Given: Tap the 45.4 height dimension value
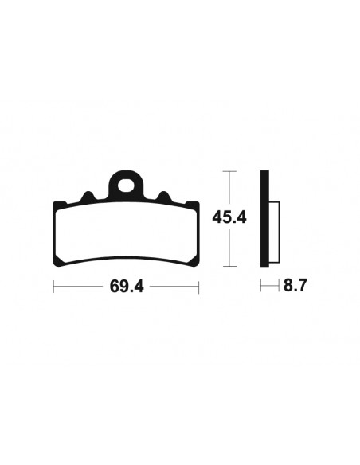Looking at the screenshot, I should click(229, 217).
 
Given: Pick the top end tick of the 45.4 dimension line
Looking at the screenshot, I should click(229, 170).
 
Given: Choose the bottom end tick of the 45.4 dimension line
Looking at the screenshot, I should click(229, 265).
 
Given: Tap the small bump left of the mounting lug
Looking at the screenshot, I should click(89, 197).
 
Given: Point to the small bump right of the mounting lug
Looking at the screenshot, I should click(162, 197).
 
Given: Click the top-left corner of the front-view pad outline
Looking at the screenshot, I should click(56, 204).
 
